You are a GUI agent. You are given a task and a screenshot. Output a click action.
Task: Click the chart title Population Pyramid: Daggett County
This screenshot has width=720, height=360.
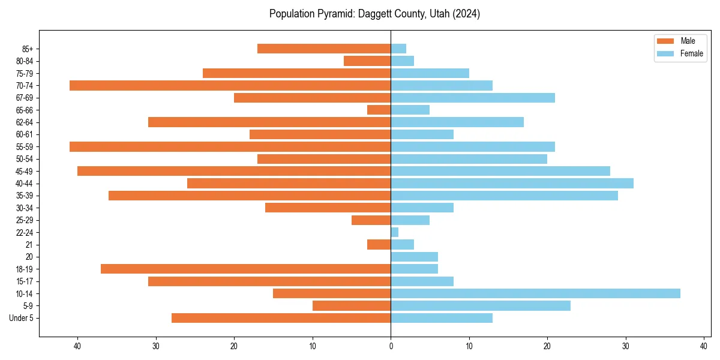374,14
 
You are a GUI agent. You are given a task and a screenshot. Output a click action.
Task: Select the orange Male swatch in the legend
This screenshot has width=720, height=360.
665,41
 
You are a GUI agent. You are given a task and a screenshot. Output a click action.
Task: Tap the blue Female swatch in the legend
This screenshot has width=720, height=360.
665,53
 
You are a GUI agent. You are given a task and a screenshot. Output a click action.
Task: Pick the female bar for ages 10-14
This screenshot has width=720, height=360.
535,293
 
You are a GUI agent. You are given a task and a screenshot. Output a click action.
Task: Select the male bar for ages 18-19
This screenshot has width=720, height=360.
245,269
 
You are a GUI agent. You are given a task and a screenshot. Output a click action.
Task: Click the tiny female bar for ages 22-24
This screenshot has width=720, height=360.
395,232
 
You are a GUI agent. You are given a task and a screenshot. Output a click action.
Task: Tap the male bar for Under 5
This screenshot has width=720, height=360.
281,318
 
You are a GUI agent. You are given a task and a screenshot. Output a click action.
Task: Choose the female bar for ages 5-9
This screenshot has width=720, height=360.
481,305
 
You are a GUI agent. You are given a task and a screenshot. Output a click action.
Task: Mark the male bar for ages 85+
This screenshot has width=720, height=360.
324,49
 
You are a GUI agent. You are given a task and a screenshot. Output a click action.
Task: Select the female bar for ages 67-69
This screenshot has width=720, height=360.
473,98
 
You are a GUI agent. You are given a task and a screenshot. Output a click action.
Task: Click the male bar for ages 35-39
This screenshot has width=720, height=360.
250,196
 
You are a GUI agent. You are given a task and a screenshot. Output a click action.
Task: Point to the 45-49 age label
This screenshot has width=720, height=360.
25,171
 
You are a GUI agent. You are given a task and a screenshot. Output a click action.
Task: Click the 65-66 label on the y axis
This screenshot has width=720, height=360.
25,110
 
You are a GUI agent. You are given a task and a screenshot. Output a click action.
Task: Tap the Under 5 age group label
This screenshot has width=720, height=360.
22,318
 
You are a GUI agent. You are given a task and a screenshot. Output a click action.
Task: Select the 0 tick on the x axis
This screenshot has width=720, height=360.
391,346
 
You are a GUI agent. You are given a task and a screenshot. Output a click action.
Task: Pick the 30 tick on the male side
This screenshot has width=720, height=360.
156,346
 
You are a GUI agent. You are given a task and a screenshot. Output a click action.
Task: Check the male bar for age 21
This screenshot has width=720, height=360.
379,244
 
